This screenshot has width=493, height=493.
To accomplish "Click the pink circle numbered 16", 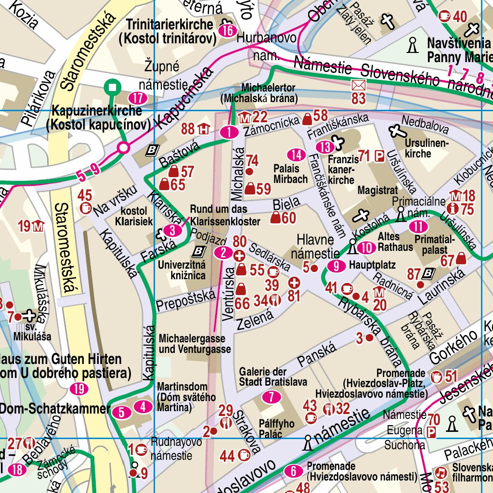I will click(228, 31).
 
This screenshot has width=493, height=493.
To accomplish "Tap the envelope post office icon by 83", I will click(359, 86).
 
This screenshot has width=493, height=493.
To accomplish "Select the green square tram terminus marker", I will click(113, 87).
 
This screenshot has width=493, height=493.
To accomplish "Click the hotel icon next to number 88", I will click(204, 129).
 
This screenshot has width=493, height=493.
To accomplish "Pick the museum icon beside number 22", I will click(245, 117).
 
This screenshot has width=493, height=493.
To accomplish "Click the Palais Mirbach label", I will click(290, 174).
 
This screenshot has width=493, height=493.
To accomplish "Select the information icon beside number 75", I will click(453, 208).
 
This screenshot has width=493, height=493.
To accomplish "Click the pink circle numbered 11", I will click(418, 226).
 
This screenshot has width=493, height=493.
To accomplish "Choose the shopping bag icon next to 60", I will click(275, 219).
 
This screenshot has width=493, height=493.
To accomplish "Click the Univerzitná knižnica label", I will click(182, 270).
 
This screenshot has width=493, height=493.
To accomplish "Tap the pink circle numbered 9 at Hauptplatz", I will click(336, 265).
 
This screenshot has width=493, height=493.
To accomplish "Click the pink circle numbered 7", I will click(272, 397).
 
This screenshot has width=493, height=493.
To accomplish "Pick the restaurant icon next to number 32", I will click(330, 409).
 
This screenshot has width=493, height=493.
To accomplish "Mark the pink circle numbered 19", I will click(78, 389).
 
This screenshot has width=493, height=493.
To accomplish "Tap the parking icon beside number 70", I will click(432, 432).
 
